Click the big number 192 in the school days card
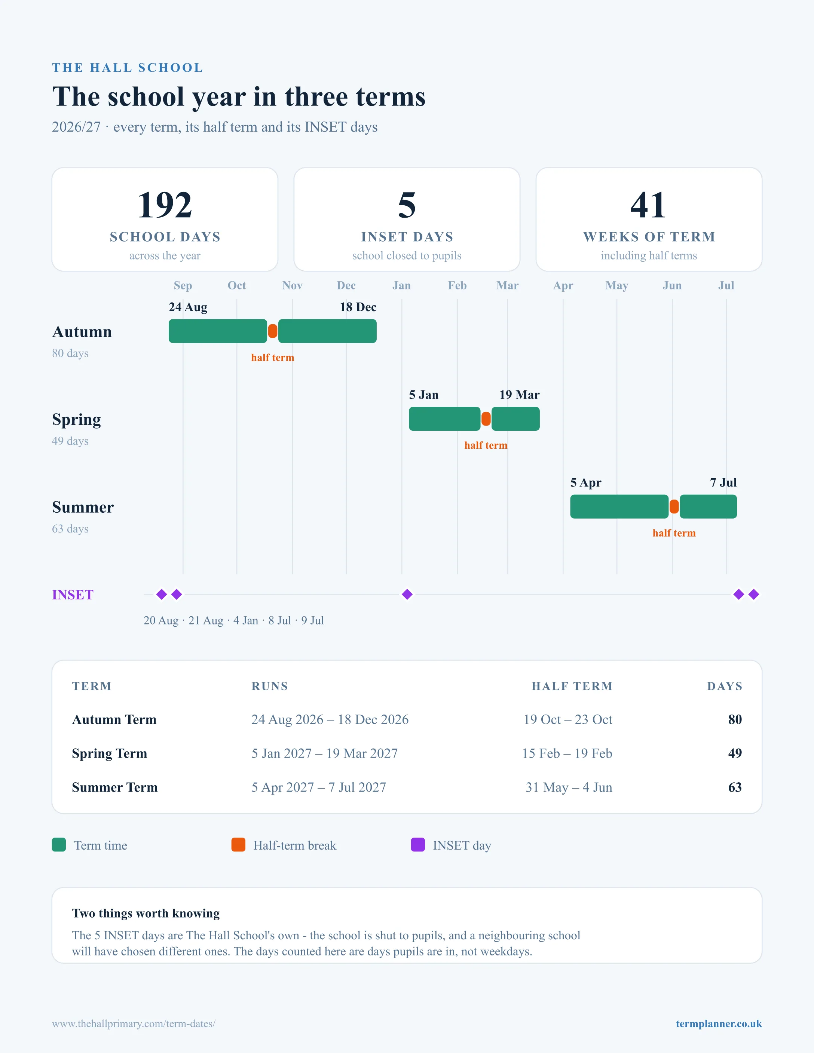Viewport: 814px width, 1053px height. [165, 205]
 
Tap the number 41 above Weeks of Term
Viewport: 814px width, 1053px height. [649, 205]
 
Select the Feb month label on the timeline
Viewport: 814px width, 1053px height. [457, 285]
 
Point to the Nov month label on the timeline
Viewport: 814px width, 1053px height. [292, 285]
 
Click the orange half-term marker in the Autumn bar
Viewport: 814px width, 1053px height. [272, 331]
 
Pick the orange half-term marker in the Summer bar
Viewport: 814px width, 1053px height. [674, 507]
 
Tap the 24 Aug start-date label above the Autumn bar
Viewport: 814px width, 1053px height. [188, 307]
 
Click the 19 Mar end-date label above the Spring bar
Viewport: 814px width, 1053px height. [519, 395]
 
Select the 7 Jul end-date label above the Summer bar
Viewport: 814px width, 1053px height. [723, 483]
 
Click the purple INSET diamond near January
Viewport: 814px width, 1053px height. [407, 595]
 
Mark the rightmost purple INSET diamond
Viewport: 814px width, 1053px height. [754, 595]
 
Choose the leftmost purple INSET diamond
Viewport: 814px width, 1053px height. [162, 595]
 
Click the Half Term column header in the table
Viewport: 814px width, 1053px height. [572, 686]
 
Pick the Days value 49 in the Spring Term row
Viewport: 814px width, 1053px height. [735, 753]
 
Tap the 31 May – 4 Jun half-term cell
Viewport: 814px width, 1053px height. [569, 788]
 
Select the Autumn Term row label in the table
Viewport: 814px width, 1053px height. [114, 719]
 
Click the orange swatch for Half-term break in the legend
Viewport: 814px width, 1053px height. [238, 845]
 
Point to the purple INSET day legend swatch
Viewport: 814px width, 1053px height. [417, 845]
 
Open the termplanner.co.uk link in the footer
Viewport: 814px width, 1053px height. [719, 1023]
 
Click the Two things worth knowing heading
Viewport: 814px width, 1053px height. [146, 913]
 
